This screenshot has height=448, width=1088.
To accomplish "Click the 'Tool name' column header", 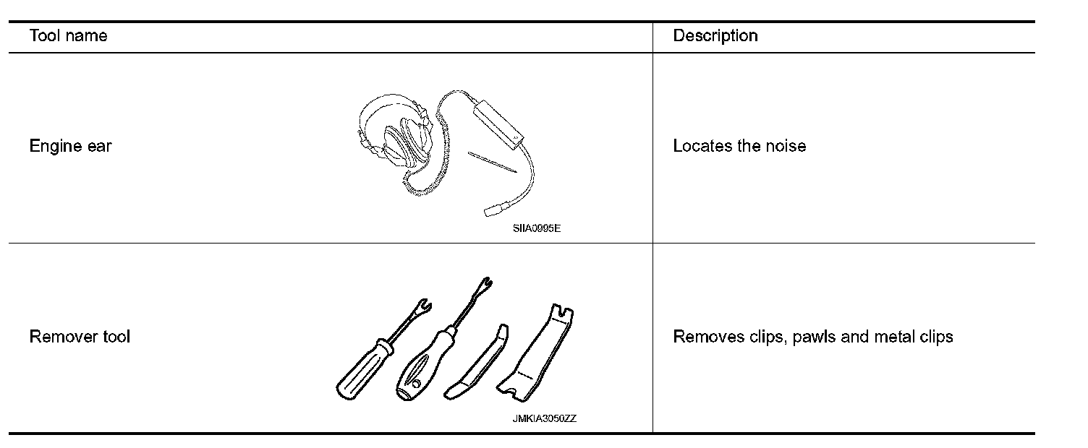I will point(68,36).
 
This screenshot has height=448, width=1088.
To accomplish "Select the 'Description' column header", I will point(715,36).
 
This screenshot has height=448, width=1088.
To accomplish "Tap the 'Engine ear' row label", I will point(70,146).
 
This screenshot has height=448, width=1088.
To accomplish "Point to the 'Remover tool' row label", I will point(80,337).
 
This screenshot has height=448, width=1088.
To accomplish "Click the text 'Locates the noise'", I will point(739,146).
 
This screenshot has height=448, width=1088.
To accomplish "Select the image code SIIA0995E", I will point(537,229).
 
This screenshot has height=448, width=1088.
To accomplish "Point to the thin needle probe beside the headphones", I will point(493,162).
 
